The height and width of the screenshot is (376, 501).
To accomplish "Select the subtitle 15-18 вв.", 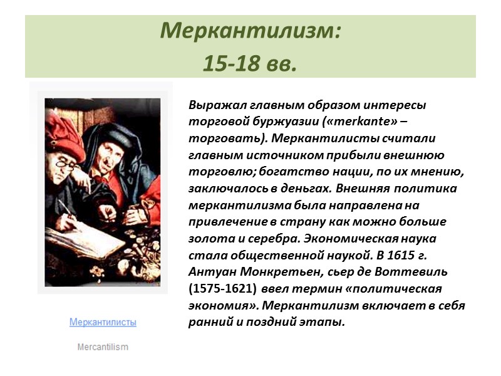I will click(249, 63).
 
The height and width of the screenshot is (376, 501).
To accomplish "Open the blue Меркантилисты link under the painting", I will click(103, 322).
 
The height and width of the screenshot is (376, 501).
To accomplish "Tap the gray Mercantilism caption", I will click(103, 347).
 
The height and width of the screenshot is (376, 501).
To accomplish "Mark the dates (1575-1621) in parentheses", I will click(223, 289).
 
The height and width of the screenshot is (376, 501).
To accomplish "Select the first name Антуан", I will click(209, 273).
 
